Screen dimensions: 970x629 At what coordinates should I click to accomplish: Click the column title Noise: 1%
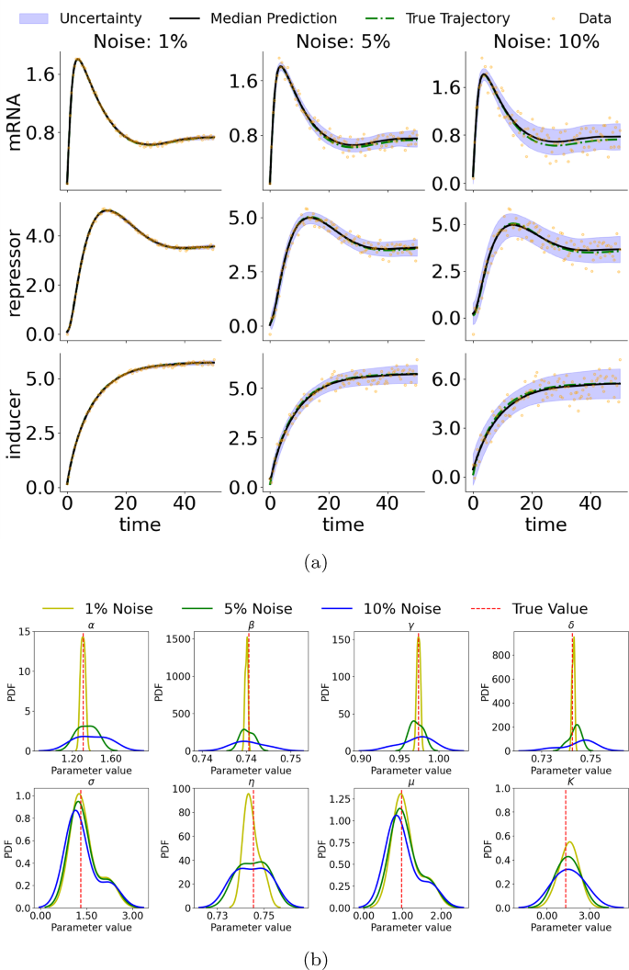141,41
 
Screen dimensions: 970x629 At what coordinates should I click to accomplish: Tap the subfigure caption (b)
314,959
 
